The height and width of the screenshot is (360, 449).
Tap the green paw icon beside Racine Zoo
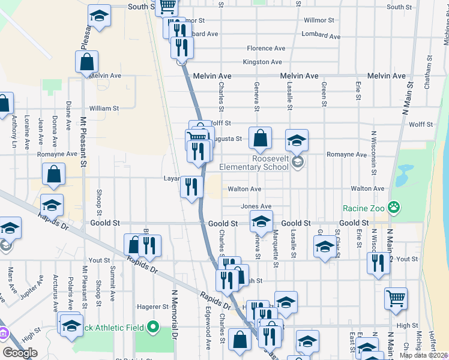[x=394, y=208]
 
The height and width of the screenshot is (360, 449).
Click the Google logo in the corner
[x=20, y=353]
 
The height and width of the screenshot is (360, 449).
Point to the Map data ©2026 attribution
[x=424, y=355]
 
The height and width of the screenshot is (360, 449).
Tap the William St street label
[x=104, y=109]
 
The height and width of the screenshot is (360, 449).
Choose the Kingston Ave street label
[x=262, y=62]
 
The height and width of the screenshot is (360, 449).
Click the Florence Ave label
[x=266, y=48]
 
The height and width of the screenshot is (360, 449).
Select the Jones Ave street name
[x=256, y=206]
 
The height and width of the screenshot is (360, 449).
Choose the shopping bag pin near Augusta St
[x=260, y=139]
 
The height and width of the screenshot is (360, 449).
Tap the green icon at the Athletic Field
[x=153, y=328]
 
